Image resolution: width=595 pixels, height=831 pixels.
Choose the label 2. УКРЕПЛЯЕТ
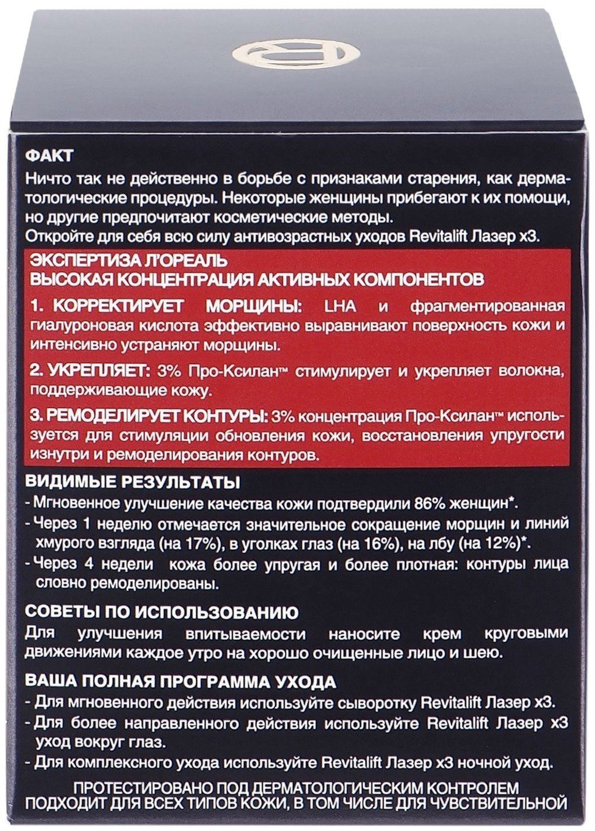pos(84,372)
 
